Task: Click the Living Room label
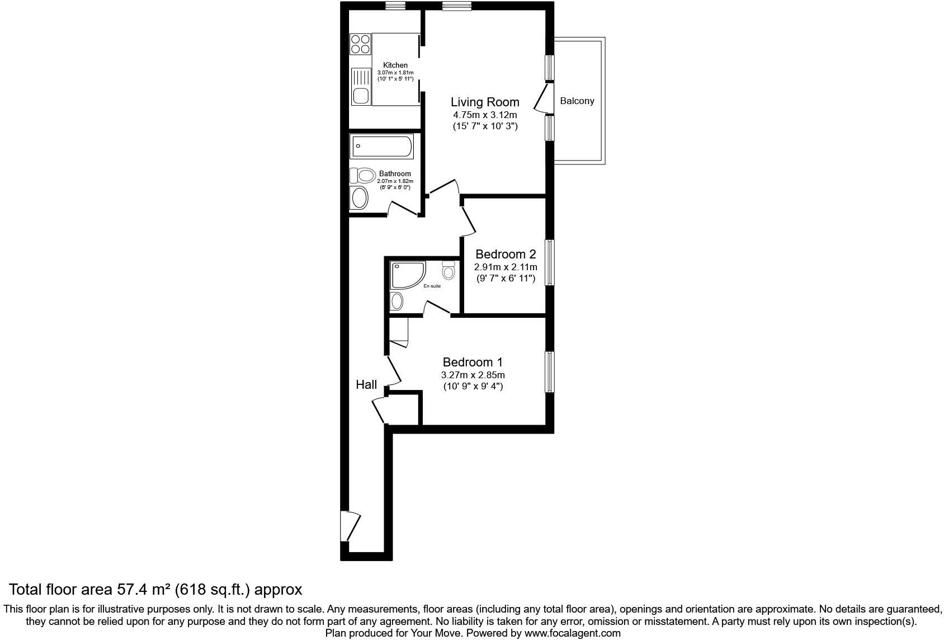tap(485, 102)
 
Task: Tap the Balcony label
tap(577, 101)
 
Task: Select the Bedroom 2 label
tap(506, 255)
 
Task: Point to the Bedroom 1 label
tap(473, 362)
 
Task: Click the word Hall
tap(366, 384)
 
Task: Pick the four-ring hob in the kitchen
tap(360, 44)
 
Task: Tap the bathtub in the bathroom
tap(382, 147)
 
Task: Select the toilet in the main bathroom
tap(364, 176)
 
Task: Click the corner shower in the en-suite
tap(407, 275)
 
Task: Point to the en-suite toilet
tap(449, 271)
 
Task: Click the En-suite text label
tap(432, 286)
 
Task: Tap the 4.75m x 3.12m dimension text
tap(485, 115)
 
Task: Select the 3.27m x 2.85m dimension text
tap(473, 375)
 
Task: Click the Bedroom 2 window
tap(550, 262)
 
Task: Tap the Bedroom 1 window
tap(550, 372)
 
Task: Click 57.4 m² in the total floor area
tap(143, 589)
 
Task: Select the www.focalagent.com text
tap(572, 633)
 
